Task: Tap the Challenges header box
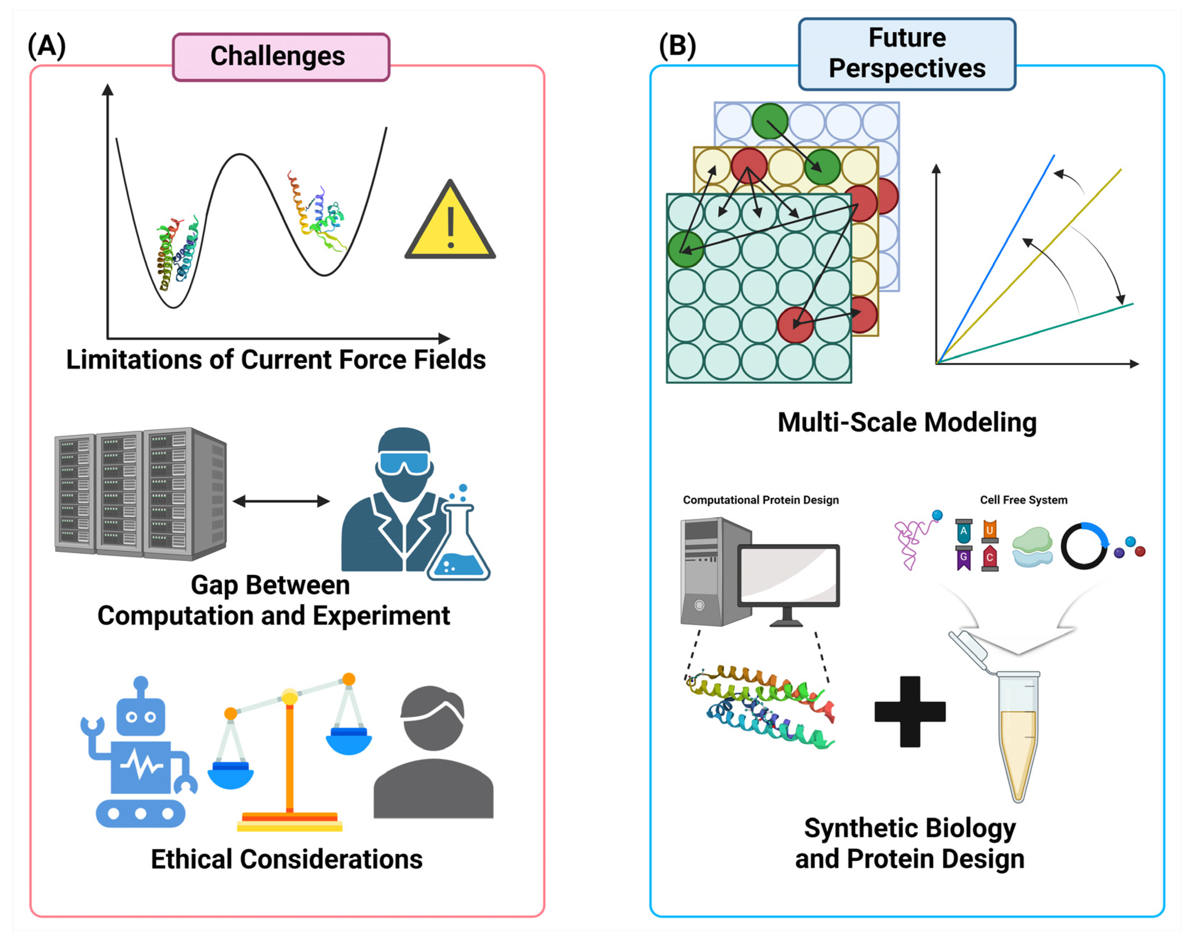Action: [281, 56]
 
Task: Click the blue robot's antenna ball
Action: [141, 683]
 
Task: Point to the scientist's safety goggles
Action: [404, 462]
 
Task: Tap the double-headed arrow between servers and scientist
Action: [281, 501]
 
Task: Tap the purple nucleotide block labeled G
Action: [964, 558]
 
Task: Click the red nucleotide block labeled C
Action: [990, 558]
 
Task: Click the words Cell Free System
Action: [1023, 500]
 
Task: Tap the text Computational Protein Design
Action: [761, 500]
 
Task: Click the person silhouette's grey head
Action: [433, 718]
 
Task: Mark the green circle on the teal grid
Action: [685, 249]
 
